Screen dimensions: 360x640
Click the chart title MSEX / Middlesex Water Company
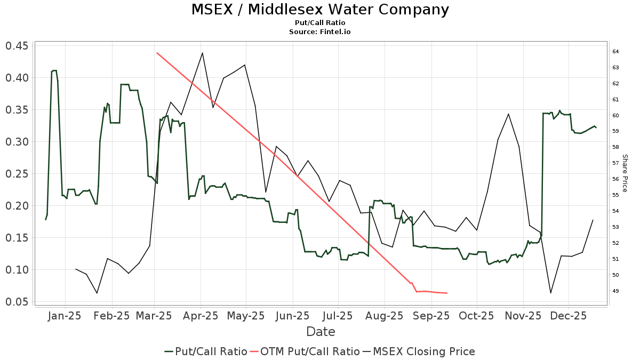click(320, 10)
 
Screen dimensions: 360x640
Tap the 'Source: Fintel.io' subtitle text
click(320, 32)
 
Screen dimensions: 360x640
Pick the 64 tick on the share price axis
click(615, 52)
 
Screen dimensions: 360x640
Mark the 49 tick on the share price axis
click(615, 291)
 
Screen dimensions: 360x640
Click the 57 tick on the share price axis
click(615, 163)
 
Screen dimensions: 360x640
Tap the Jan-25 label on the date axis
click(65, 316)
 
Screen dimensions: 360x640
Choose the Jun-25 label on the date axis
click(293, 316)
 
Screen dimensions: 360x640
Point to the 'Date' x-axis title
click(321, 332)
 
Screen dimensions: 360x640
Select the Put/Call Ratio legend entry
click(206, 351)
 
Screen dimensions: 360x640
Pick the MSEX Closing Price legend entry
click(419, 351)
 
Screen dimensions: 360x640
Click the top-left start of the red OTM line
click(157, 53)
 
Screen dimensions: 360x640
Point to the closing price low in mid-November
click(550, 293)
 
